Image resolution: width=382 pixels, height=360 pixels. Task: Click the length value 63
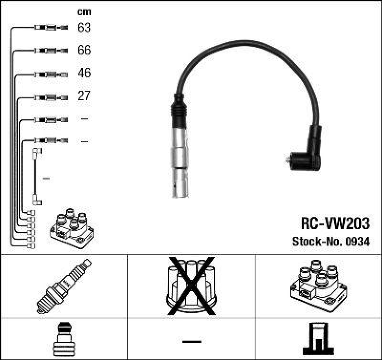pyautogui.click(x=84, y=28)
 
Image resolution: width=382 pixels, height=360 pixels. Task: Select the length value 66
pyautogui.click(x=84, y=51)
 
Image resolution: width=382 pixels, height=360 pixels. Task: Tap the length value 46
pyautogui.click(x=84, y=74)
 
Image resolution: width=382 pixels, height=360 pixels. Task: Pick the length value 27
pyautogui.click(x=84, y=96)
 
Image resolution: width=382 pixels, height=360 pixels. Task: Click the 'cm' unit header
pyautogui.click(x=84, y=12)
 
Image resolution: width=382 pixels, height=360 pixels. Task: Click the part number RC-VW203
pyautogui.click(x=334, y=223)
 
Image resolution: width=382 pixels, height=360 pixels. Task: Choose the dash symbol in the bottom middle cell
pyautogui.click(x=191, y=341)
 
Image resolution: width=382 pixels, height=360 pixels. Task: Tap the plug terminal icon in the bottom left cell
pyautogui.click(x=64, y=340)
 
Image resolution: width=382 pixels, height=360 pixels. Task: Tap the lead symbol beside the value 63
pyautogui.click(x=51, y=28)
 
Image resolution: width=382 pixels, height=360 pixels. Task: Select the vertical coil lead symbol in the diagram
pyautogui.click(x=36, y=177)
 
